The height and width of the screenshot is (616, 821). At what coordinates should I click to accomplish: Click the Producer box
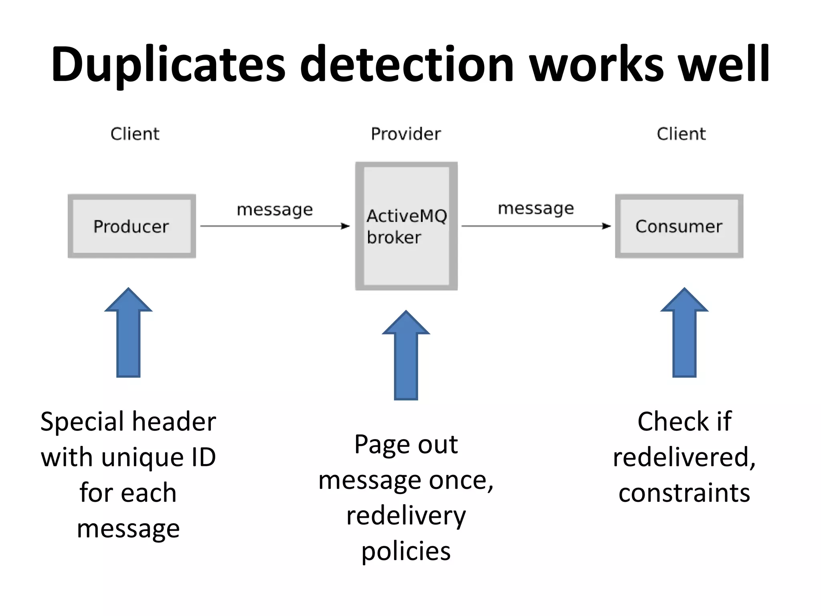131,226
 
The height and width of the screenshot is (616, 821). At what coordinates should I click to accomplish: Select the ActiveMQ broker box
406,226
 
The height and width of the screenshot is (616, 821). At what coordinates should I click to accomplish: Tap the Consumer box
679,226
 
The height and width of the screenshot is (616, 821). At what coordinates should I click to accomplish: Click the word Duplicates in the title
168,65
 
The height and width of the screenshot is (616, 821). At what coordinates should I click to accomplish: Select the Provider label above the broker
406,134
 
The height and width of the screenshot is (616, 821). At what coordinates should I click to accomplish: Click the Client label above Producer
135,134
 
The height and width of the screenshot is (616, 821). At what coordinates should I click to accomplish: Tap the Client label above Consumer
681,134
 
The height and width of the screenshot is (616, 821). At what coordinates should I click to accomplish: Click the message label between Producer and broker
275,210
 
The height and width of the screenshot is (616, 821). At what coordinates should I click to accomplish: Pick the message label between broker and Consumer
536,209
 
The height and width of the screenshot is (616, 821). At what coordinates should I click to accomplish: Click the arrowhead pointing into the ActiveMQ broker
345,226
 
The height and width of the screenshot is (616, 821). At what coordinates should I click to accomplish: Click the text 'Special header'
128,421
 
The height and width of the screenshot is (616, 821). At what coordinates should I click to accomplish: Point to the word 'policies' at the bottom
406,551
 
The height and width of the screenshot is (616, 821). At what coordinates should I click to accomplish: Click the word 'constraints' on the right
684,493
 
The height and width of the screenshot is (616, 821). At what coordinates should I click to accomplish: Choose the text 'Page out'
406,444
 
